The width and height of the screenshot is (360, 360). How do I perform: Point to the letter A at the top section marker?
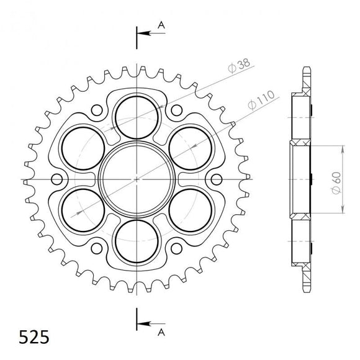point(161,24)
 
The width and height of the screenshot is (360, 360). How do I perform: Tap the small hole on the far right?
point(215,179)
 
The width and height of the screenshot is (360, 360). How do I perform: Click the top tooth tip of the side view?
point(307,69)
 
